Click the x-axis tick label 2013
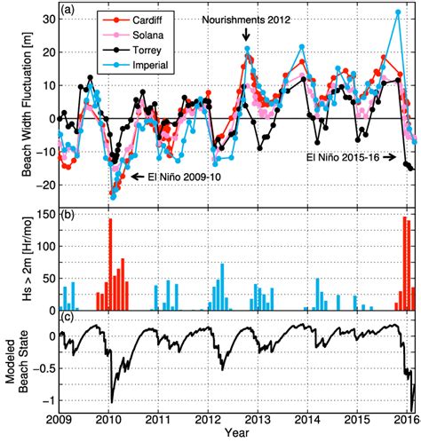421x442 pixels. pyautogui.click(x=258, y=417)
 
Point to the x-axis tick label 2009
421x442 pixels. pyautogui.click(x=59, y=417)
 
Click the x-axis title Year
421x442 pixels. pyautogui.click(x=236, y=433)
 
